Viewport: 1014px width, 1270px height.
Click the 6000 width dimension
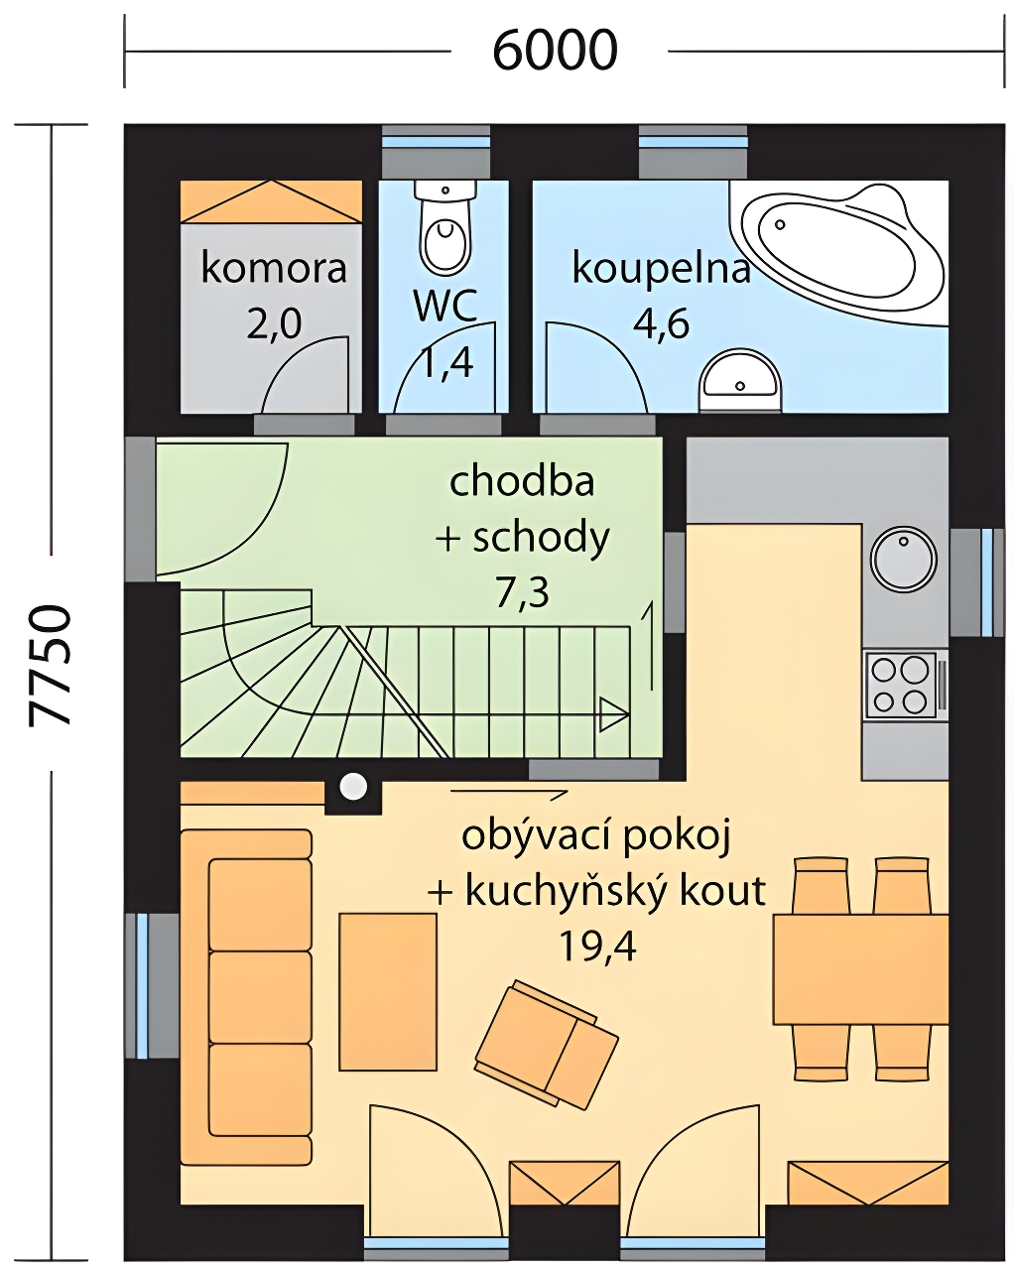click(555, 51)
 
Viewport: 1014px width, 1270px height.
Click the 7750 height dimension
click(50, 665)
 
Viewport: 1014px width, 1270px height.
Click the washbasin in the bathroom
click(740, 379)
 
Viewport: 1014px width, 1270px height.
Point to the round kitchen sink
click(904, 559)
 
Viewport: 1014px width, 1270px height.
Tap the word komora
click(273, 268)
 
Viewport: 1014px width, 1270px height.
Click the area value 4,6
click(661, 323)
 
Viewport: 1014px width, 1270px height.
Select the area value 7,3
click(522, 592)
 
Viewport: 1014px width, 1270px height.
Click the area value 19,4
click(596, 948)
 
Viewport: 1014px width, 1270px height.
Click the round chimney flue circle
click(353, 786)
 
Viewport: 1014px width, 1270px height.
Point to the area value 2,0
click(274, 323)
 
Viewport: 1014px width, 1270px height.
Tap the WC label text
click(445, 306)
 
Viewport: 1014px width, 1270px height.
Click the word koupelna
click(661, 270)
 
